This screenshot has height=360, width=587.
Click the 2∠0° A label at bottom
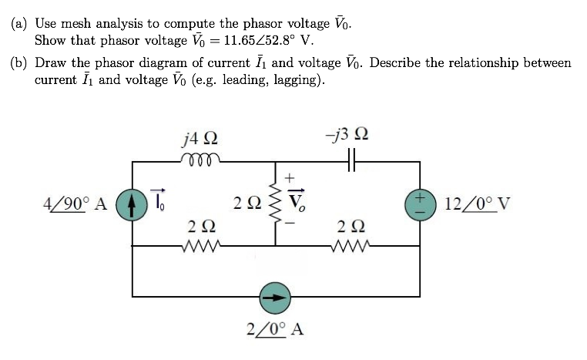[275, 330]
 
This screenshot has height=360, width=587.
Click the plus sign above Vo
[290, 179]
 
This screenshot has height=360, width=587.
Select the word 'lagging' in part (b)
[302, 79]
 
